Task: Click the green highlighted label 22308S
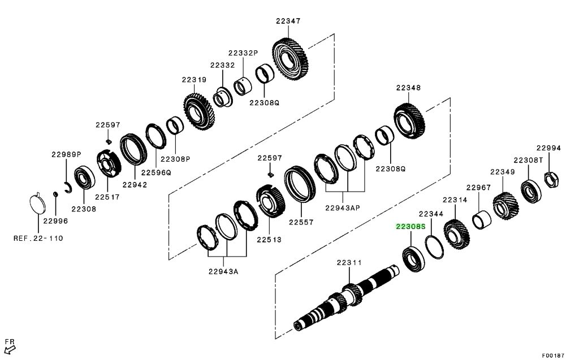pos(409,227)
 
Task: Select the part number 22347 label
pos(288,21)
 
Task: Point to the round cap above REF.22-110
pos(37,203)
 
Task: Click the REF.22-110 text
pos(38,238)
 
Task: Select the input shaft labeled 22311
pos(345,298)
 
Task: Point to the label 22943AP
pos(342,207)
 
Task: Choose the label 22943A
pos(223,271)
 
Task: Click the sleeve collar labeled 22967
pos(481,219)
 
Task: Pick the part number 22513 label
pos(269,239)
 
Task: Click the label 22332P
pos(243,53)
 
